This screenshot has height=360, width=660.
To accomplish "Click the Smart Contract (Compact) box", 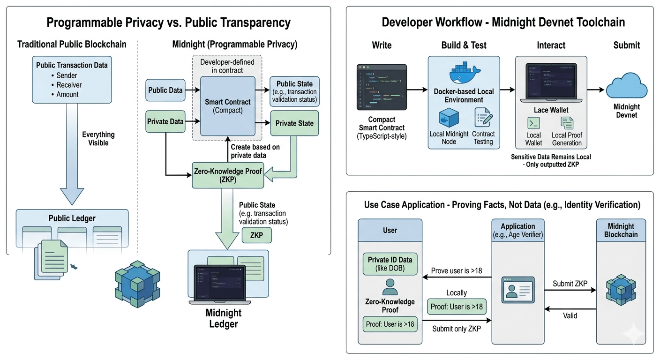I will (x=228, y=106).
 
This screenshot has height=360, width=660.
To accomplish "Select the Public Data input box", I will (x=165, y=90).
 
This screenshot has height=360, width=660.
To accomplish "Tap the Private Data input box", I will (x=165, y=122).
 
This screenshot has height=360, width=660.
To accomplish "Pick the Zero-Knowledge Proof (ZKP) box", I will (x=228, y=175).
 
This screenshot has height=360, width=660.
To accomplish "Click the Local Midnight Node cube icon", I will (x=449, y=119).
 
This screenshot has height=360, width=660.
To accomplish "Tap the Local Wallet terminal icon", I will (x=533, y=123).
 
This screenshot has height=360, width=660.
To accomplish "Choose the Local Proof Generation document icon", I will (x=567, y=123).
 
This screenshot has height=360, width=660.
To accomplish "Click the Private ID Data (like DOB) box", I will (x=390, y=264).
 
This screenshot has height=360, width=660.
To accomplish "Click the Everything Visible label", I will (x=98, y=139).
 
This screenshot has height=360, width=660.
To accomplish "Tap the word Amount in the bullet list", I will (x=67, y=94).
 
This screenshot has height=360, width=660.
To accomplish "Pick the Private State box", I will (x=294, y=123).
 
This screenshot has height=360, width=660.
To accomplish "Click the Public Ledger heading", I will (x=72, y=218).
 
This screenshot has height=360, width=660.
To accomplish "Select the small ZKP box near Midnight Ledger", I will (x=256, y=235).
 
